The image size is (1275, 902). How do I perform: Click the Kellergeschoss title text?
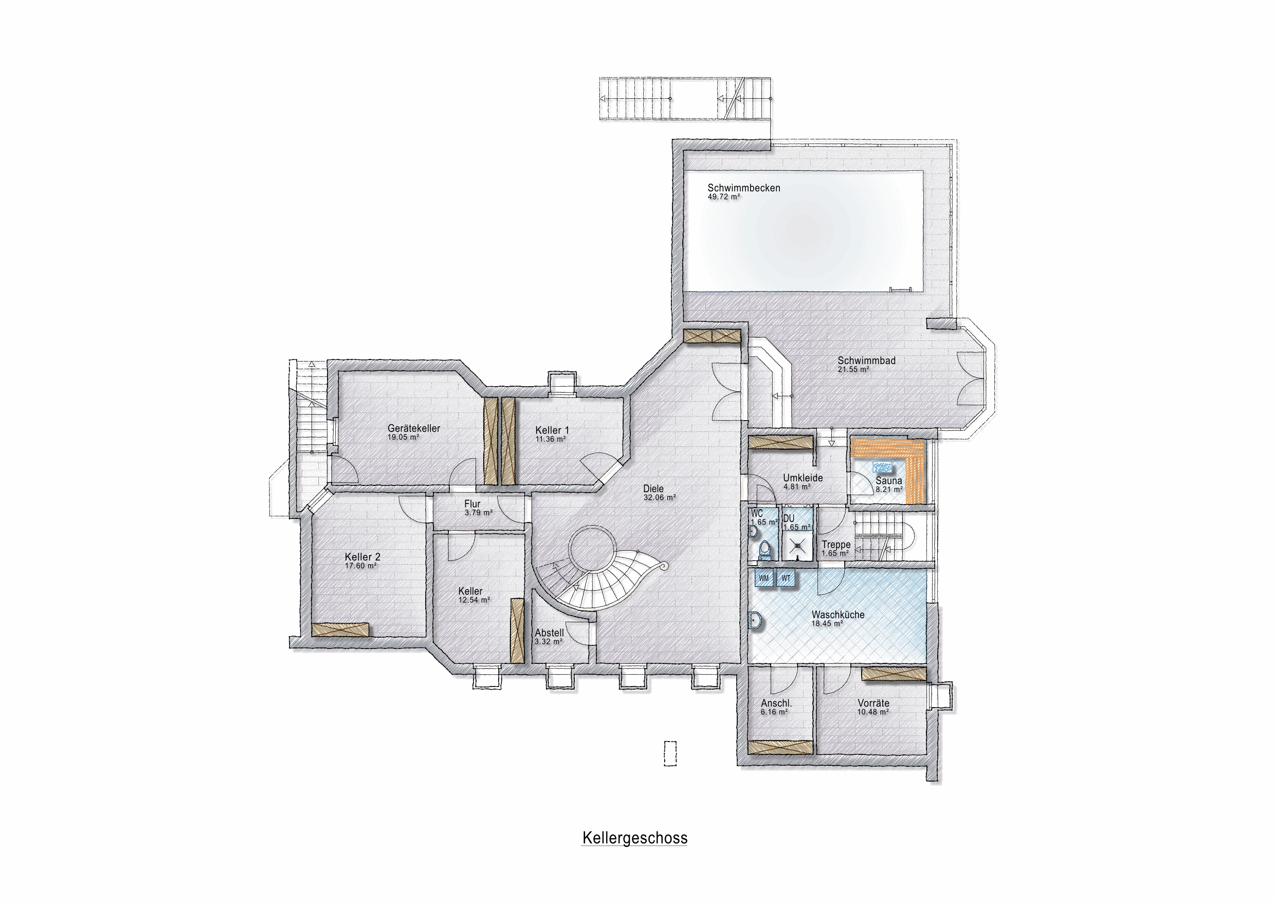click(635, 838)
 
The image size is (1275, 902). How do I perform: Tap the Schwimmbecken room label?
click(743, 188)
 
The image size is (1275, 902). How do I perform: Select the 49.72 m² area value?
click(723, 196)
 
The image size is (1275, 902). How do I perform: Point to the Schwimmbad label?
click(866, 360)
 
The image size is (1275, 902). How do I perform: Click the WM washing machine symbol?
click(764, 578)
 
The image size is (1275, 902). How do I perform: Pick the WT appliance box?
click(786, 578)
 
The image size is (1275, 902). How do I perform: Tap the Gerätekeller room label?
click(414, 428)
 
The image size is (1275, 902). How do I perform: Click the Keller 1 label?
click(552, 430)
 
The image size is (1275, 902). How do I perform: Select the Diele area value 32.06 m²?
click(660, 498)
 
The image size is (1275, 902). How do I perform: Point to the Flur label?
click(472, 504)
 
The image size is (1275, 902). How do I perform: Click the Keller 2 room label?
click(362, 556)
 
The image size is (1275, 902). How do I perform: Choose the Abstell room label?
click(549, 633)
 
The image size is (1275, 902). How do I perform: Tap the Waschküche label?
click(838, 615)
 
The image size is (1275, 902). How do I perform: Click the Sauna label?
click(888, 480)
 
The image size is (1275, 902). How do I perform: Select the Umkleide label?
click(803, 478)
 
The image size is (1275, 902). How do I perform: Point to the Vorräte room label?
click(873, 703)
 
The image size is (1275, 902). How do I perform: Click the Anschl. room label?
click(776, 703)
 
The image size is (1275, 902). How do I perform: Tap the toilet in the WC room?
click(764, 550)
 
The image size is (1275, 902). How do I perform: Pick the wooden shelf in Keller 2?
click(340, 629)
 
